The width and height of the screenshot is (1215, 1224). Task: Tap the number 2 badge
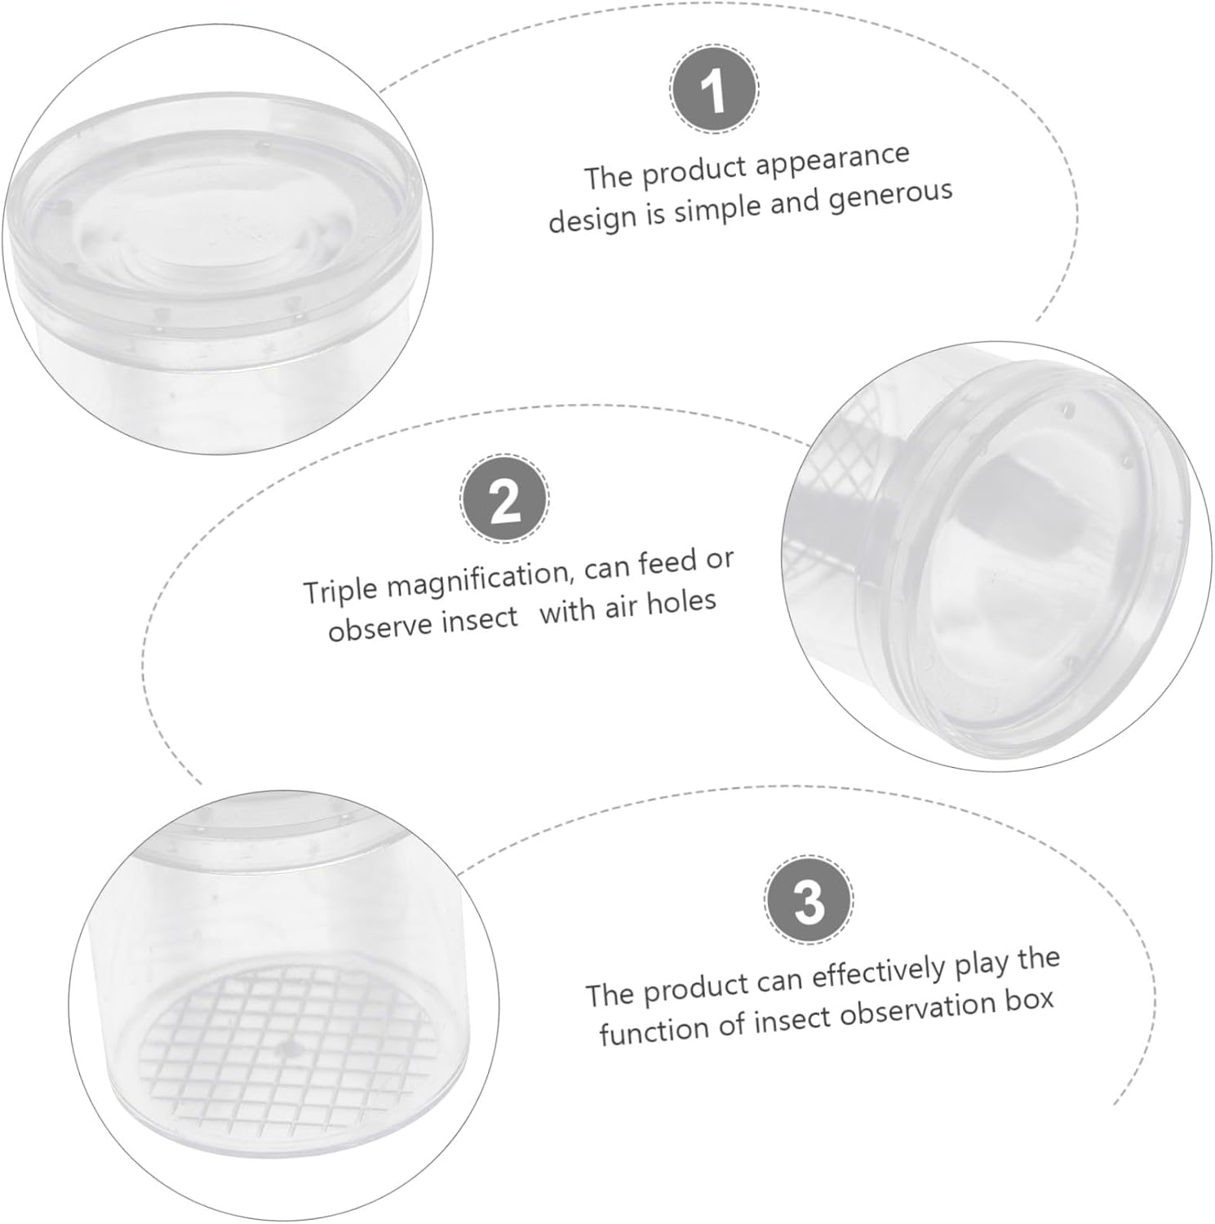(504, 500)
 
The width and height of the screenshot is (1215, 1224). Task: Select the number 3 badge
(809, 902)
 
